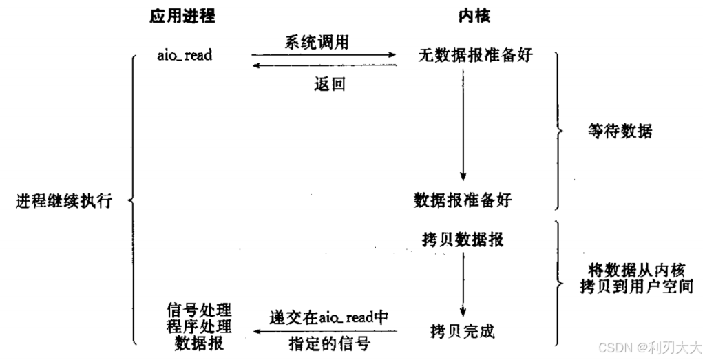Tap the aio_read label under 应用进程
[184, 55]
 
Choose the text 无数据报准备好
[475, 56]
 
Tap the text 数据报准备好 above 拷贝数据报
[463, 200]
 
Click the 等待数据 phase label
[619, 130]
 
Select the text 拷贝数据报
[463, 240]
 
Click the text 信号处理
[199, 308]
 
